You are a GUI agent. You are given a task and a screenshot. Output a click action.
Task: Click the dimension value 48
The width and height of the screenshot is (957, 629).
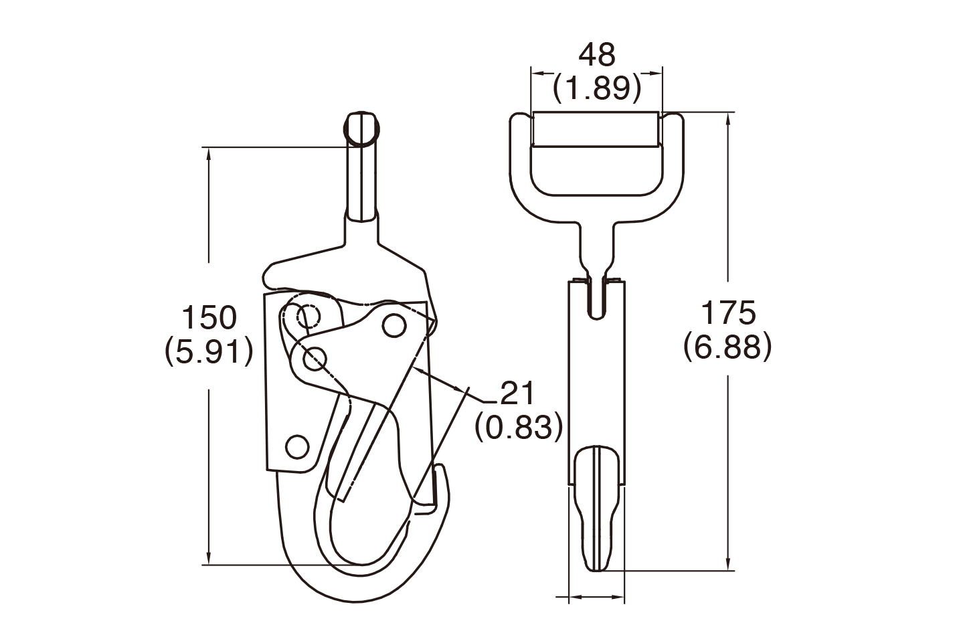click(597, 54)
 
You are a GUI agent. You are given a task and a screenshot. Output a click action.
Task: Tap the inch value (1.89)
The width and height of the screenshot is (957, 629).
click(597, 88)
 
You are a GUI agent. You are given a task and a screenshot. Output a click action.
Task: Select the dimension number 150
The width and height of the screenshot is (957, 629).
click(209, 317)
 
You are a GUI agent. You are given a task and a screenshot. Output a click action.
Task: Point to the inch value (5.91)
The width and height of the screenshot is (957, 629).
click(209, 352)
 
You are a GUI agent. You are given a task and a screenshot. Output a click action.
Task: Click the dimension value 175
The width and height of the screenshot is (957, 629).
click(728, 312)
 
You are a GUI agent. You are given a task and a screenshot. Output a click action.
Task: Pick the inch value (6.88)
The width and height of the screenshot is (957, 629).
click(728, 347)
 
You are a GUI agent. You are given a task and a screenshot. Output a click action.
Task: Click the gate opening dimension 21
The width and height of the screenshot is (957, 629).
click(517, 393)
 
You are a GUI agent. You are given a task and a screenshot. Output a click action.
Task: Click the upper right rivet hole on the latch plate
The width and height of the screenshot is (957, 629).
click(394, 326)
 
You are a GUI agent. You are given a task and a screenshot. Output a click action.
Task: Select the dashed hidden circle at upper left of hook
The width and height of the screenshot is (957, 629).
click(309, 317)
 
